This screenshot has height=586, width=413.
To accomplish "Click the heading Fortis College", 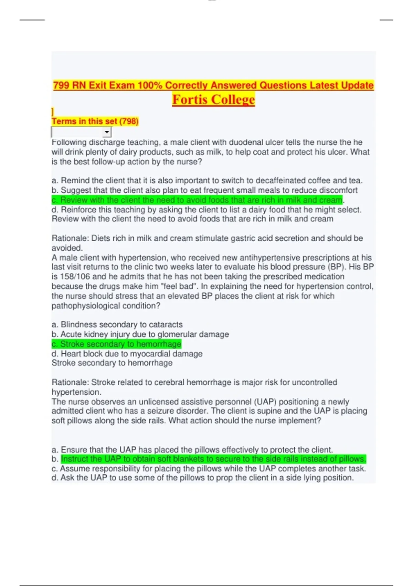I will point(213,100).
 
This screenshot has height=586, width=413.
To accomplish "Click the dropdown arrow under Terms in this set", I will point(107,132).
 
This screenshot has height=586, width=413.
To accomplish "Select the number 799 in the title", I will point(62,85).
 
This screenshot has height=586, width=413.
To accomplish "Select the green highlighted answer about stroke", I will point(116,344).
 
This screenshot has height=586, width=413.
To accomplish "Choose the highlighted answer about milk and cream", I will point(197,200).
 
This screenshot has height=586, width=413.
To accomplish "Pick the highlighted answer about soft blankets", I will point(213,459).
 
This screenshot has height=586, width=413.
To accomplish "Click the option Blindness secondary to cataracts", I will point(117,325).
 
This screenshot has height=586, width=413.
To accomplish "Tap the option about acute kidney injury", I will point(140,334).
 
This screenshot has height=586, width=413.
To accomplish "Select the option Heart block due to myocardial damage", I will point(127,354).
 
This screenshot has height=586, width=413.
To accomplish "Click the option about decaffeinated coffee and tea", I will point(207,181).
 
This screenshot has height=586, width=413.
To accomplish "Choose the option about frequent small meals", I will point(204,190).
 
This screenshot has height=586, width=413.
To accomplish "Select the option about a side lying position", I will point(202,478).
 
